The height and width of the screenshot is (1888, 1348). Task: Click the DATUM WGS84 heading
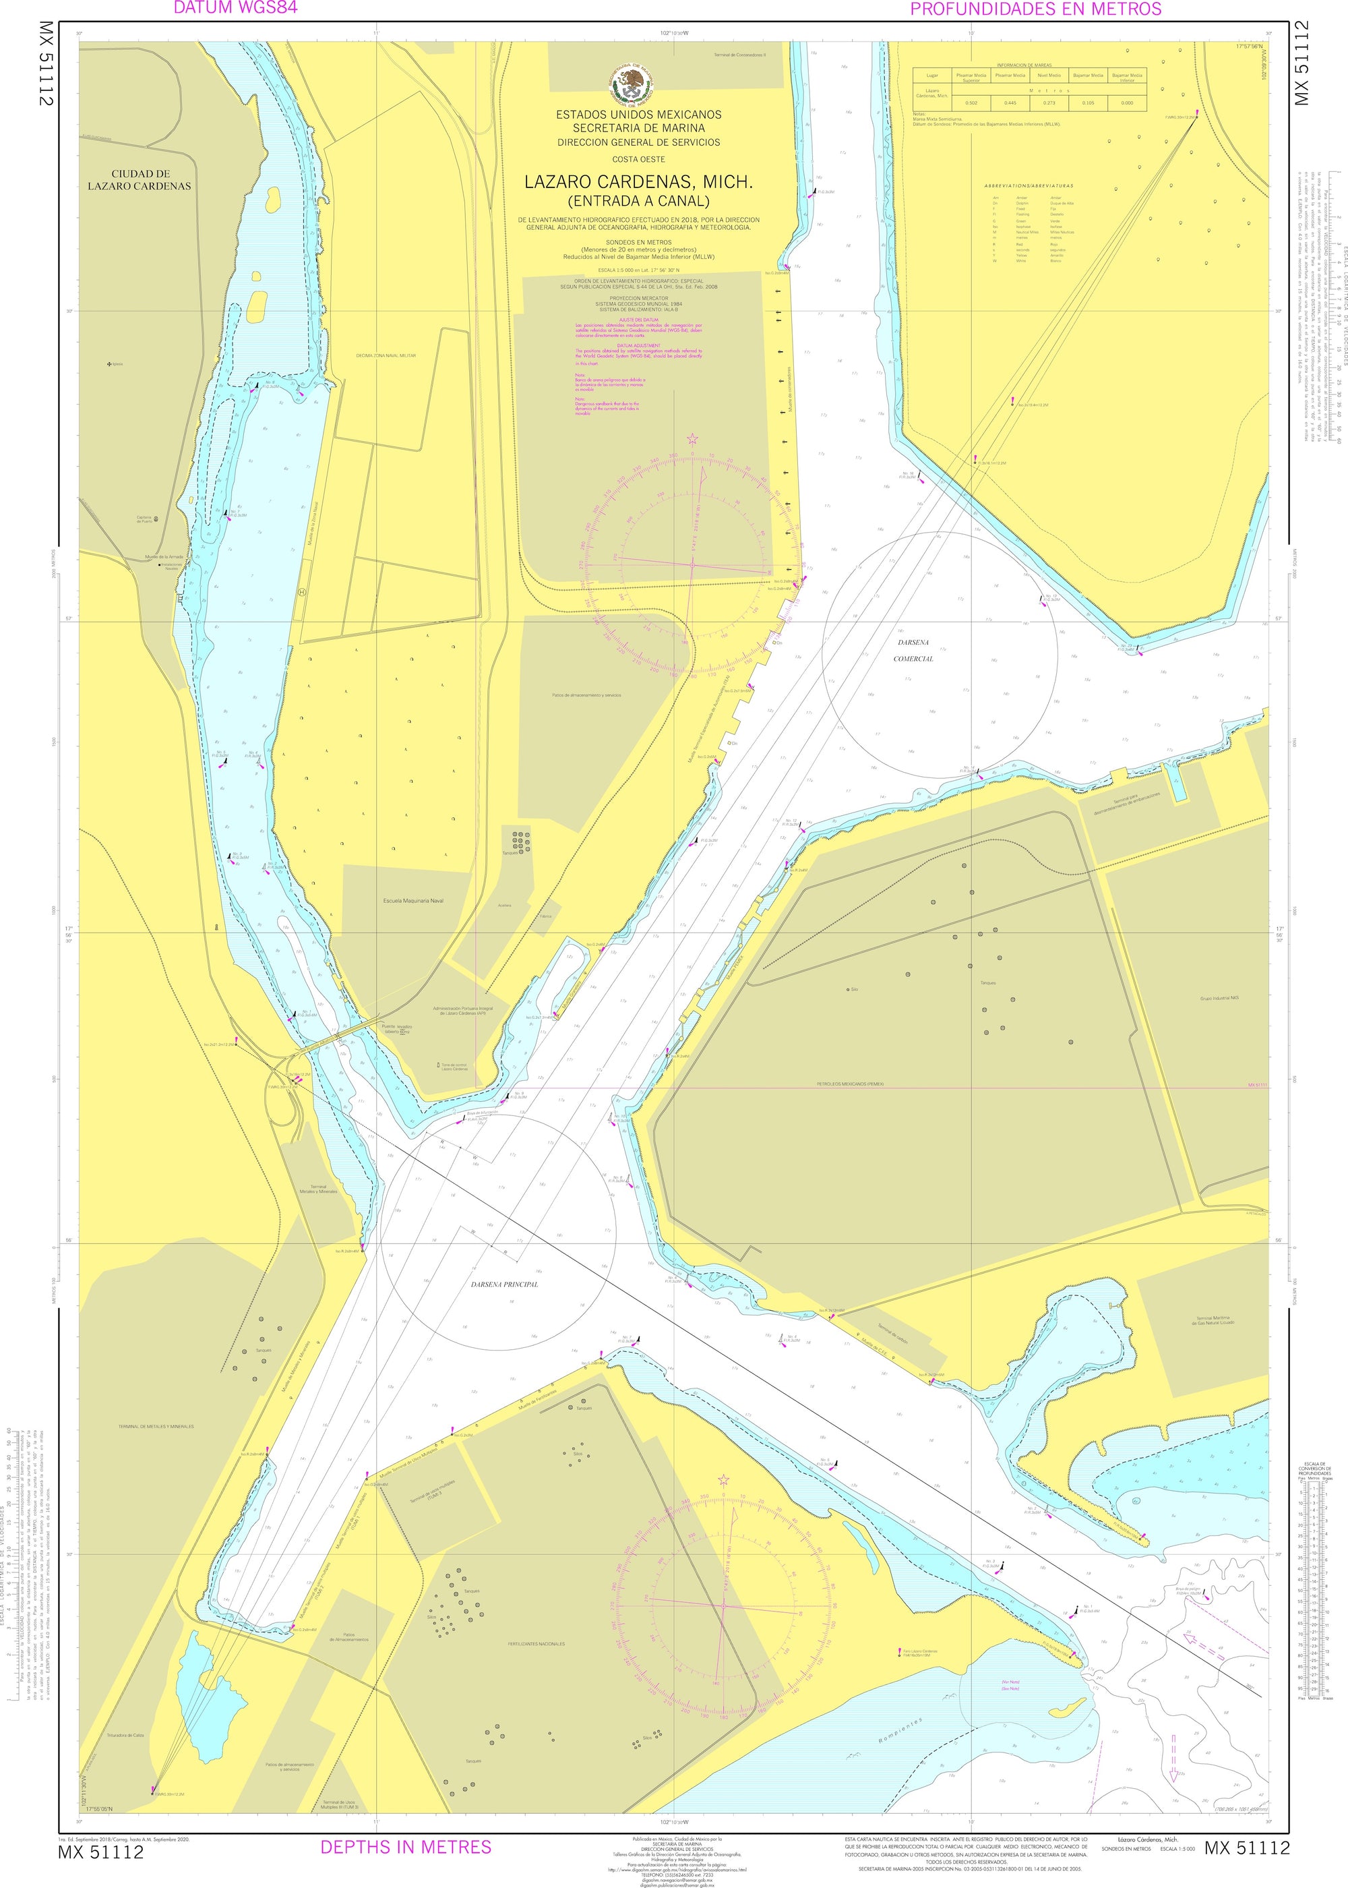tap(235, 8)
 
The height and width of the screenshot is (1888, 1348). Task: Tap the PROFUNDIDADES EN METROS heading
tap(1035, 9)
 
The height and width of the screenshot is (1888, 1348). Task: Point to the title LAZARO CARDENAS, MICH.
tap(638, 182)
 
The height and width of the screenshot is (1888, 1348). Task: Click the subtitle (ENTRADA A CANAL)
tap(638, 201)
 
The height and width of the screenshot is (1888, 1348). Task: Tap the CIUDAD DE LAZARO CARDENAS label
tap(140, 180)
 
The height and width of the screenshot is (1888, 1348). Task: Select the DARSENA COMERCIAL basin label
tap(913, 651)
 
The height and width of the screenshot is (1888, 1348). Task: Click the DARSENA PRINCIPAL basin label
tap(504, 1284)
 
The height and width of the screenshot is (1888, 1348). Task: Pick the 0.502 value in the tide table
tap(971, 102)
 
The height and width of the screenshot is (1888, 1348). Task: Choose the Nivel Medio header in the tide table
tap(1048, 76)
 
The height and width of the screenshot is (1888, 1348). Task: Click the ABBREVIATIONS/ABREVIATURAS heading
tap(1029, 186)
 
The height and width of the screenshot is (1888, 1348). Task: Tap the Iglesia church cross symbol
tap(110, 363)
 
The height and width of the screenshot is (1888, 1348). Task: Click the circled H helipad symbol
tap(301, 593)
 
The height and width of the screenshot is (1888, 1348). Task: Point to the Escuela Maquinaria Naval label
tap(413, 900)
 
